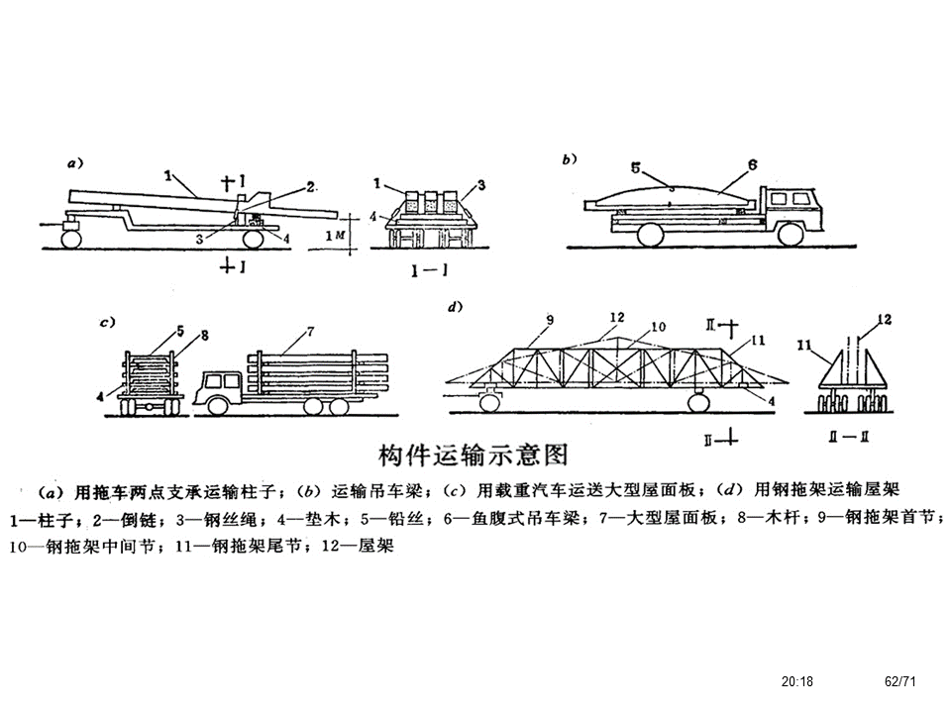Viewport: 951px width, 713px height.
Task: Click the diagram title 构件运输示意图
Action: tap(475, 455)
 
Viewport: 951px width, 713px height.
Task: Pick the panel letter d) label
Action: tap(456, 307)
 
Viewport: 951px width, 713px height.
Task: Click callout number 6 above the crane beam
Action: tap(752, 165)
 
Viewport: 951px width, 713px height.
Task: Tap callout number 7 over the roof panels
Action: tap(310, 330)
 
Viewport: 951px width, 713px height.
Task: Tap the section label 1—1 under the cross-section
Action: tap(434, 268)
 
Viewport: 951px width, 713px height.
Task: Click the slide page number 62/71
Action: tap(898, 681)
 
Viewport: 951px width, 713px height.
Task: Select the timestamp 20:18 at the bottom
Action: tap(796, 681)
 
